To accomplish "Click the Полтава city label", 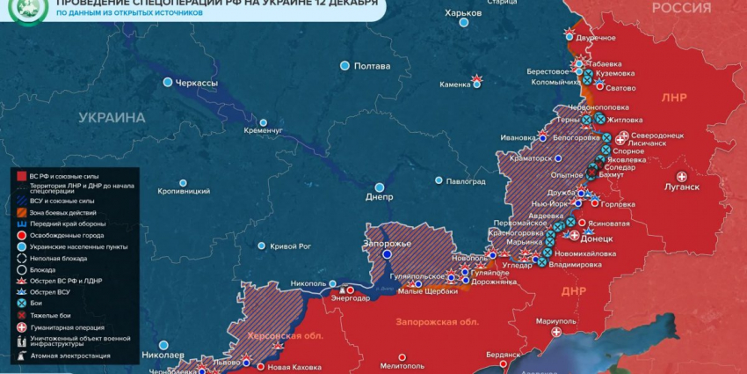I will click(x=371, y=66).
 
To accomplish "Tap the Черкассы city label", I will click(x=197, y=83).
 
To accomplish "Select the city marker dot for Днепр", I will click(x=380, y=187).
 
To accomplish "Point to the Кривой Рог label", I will click(x=291, y=246).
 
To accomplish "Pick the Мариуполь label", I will click(x=555, y=321).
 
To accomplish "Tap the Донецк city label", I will click(x=598, y=238).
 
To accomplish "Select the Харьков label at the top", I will click(x=463, y=13).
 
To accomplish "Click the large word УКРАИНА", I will click(x=112, y=117).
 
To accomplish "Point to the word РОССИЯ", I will click(x=681, y=8).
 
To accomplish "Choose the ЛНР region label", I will click(x=673, y=97).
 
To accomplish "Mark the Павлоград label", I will click(x=466, y=181).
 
